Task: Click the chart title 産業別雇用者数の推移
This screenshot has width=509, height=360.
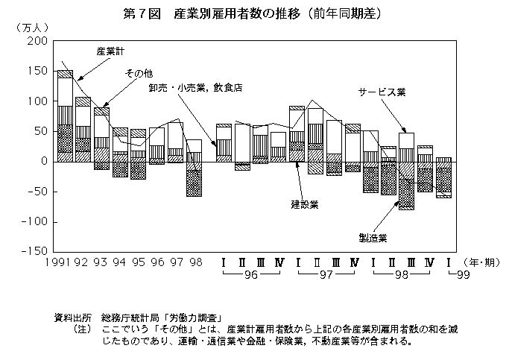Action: pos(237,14)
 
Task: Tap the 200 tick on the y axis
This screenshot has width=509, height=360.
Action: pos(37,41)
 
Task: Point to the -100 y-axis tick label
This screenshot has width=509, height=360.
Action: pos(35,222)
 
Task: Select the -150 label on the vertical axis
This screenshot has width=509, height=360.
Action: pos(35,251)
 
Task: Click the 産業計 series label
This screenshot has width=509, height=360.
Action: pos(110,51)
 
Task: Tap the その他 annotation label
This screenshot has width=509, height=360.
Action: pos(139,74)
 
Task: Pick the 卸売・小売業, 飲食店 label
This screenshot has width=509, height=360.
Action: pos(196,88)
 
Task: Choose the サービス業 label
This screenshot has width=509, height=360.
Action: pos(382,92)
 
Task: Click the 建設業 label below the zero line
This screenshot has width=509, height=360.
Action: pos(305,204)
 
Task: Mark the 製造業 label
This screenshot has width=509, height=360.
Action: pos(373,238)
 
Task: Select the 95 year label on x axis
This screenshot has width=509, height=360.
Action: pos(139,262)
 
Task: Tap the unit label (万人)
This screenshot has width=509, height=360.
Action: pos(32,28)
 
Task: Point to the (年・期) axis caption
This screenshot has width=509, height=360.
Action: pos(481,262)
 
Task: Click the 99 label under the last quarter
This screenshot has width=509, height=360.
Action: pos(464,275)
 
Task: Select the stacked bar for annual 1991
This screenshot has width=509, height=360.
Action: pos(65,116)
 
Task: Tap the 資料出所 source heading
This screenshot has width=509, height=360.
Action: pos(72,318)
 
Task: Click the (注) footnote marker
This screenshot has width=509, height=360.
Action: pos(82,329)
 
